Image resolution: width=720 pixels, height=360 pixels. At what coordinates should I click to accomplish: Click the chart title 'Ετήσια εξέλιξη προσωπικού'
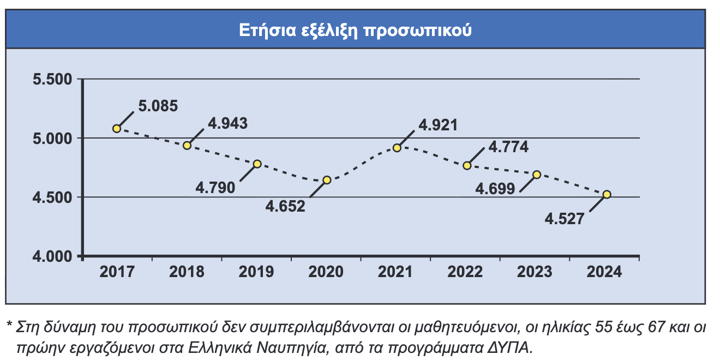click(355, 30)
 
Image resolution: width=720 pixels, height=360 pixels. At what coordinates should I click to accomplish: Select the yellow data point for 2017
click(117, 128)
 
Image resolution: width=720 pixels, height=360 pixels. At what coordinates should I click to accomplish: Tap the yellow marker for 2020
click(327, 180)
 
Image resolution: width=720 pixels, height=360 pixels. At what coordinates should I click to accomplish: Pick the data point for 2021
click(397, 148)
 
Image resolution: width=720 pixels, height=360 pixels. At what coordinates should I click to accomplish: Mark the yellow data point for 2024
click(607, 194)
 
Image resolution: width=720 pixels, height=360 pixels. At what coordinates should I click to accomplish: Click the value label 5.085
click(158, 106)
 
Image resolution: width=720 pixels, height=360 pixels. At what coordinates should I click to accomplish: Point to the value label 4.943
click(228, 123)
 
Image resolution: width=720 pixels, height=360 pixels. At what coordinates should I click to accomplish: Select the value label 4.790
click(215, 188)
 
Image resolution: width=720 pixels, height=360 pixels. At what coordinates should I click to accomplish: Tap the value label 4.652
click(285, 207)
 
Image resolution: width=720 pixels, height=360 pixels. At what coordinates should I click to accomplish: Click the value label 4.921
click(438, 125)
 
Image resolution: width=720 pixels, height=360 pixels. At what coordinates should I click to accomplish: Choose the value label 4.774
click(508, 147)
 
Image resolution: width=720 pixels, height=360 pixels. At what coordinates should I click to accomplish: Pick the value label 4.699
click(495, 189)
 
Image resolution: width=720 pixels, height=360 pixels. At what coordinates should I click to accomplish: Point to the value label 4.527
click(565, 219)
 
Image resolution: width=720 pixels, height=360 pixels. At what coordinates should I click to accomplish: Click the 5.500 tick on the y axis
click(53, 80)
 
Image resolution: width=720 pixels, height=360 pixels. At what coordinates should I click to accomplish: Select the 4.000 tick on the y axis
click(53, 256)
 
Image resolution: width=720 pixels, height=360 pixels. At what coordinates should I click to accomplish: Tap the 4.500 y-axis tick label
click(53, 197)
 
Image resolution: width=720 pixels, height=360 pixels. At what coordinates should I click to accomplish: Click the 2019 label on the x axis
click(256, 272)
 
